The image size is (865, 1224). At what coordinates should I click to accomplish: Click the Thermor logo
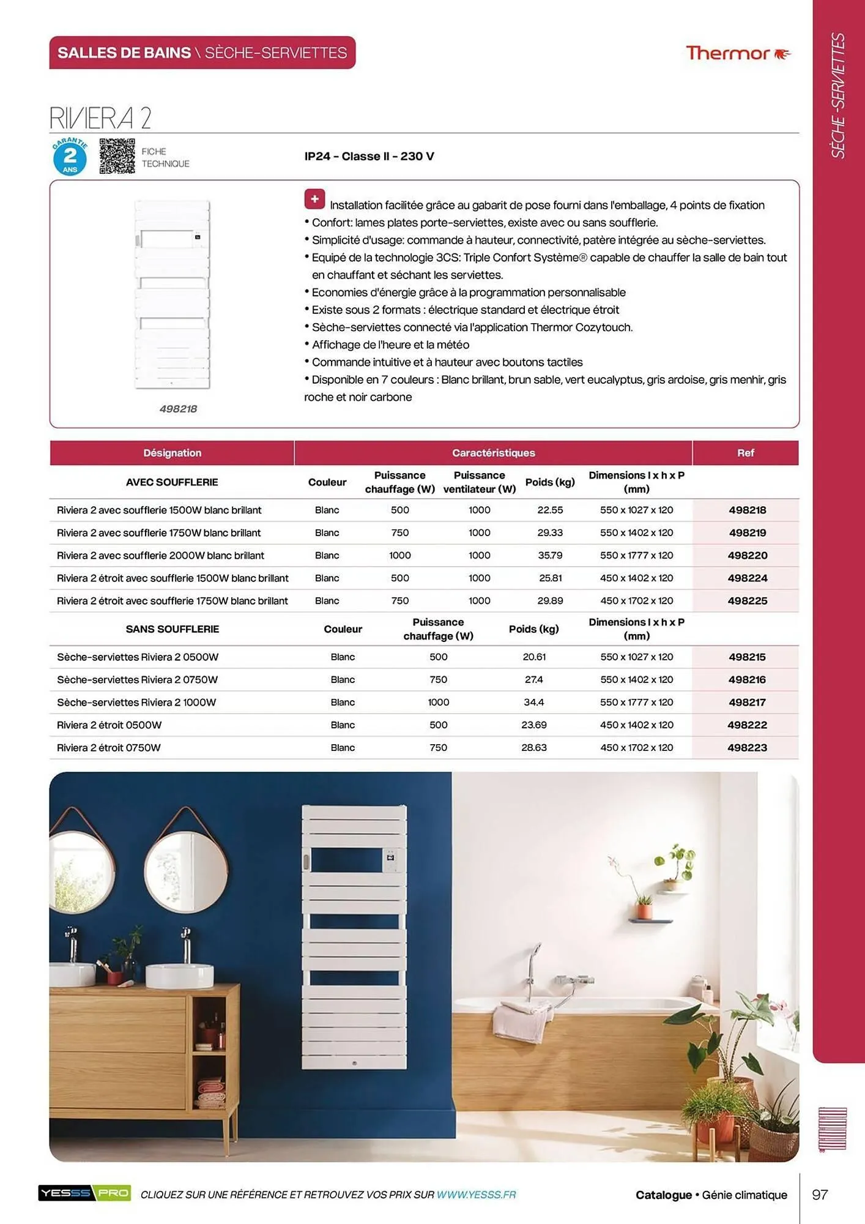tap(738, 53)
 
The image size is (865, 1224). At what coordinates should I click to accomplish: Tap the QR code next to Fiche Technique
tap(117, 156)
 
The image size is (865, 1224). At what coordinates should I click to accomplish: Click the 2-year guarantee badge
tap(70, 157)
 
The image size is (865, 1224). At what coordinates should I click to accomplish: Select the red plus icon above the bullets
tap(314, 199)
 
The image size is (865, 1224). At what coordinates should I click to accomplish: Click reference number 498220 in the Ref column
tap(747, 556)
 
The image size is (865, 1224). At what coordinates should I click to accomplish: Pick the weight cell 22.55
tap(550, 510)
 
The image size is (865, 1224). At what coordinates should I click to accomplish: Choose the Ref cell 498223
tap(747, 748)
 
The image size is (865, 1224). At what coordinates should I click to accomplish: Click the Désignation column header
tap(172, 453)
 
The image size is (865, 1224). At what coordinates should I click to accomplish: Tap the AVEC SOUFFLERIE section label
tap(172, 482)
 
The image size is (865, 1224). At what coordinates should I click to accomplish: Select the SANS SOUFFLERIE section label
tap(172, 629)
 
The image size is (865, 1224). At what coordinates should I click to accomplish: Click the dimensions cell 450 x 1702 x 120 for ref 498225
tap(636, 601)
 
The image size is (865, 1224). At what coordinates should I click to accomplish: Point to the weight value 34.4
tap(533, 703)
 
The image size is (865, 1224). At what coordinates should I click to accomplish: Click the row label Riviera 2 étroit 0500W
tap(110, 725)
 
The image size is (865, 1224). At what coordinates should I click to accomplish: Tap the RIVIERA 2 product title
tap(100, 118)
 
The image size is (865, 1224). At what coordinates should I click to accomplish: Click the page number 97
tap(820, 1195)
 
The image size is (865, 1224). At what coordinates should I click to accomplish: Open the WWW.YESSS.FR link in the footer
tap(476, 1195)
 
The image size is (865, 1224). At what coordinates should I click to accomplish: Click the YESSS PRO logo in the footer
tap(84, 1193)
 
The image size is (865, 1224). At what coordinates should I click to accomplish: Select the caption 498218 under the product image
tap(178, 409)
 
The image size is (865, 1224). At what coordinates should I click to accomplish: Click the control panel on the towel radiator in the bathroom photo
tap(390, 859)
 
